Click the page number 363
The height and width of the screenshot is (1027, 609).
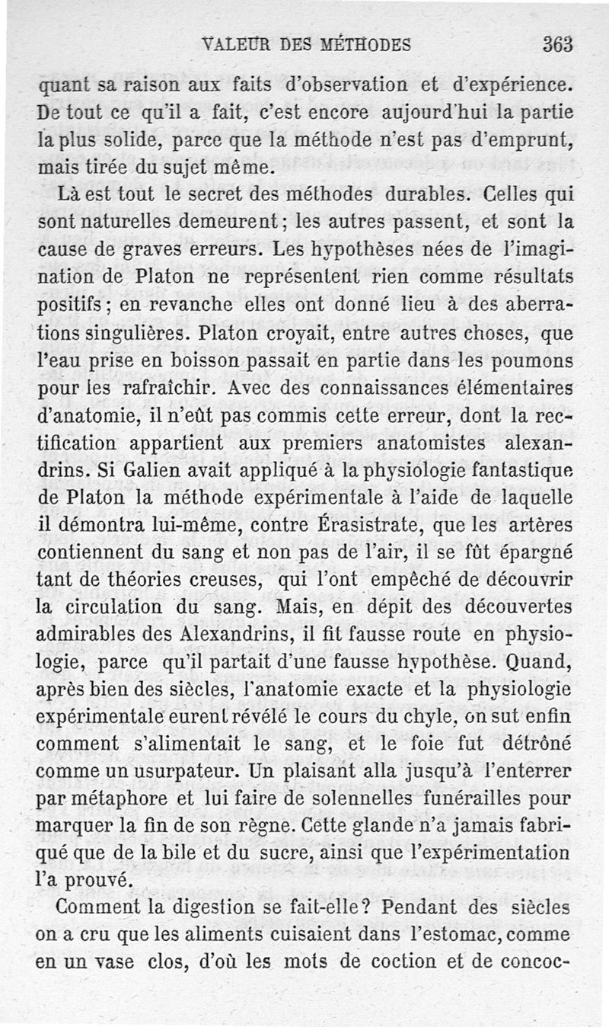[x=557, y=44]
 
